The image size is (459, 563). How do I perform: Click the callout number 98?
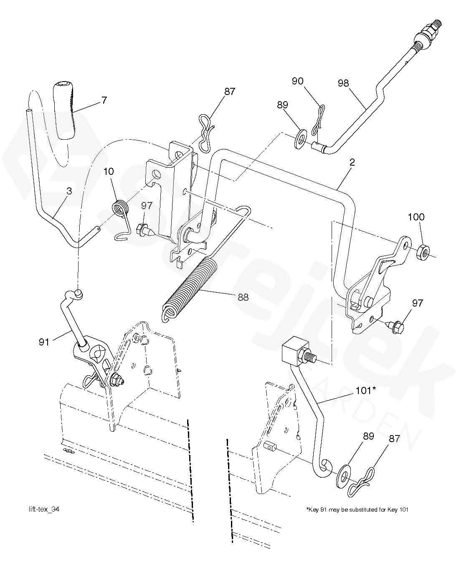click(x=344, y=83)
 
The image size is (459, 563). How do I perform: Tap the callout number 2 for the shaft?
click(x=352, y=163)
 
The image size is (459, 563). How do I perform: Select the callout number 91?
click(x=44, y=343)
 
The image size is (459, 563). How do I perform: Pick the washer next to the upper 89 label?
click(x=299, y=141)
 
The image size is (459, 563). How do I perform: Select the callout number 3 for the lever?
click(x=69, y=192)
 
